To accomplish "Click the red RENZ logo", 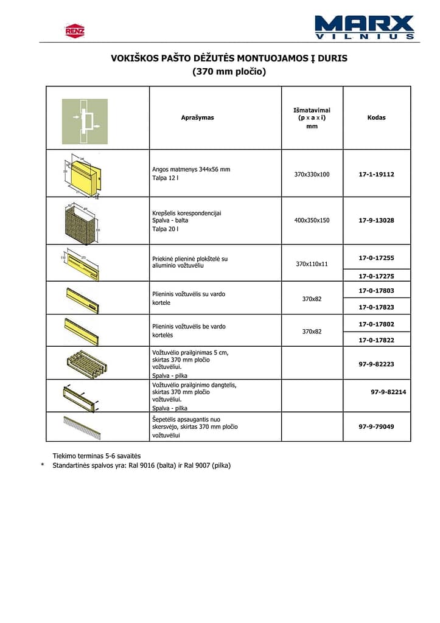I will click(75, 30).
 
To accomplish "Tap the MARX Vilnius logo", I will click(365, 27).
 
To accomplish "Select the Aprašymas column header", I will click(198, 117).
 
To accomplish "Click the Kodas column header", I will click(376, 117).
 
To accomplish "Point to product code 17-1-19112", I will click(376, 174).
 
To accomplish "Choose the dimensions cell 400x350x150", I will click(312, 220).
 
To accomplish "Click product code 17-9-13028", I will click(376, 220).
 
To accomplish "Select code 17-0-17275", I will click(376, 276).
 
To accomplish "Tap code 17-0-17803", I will click(376, 291).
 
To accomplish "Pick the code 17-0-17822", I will click(376, 340).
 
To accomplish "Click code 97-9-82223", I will click(376, 364).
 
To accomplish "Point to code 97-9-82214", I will click(388, 392).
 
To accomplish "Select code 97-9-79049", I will click(376, 426).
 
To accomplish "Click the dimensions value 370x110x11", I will click(312, 263).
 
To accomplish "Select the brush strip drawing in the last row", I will click(82, 427).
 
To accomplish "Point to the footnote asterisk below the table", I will click(43, 465).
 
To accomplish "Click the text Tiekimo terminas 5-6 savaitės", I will click(97, 456).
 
